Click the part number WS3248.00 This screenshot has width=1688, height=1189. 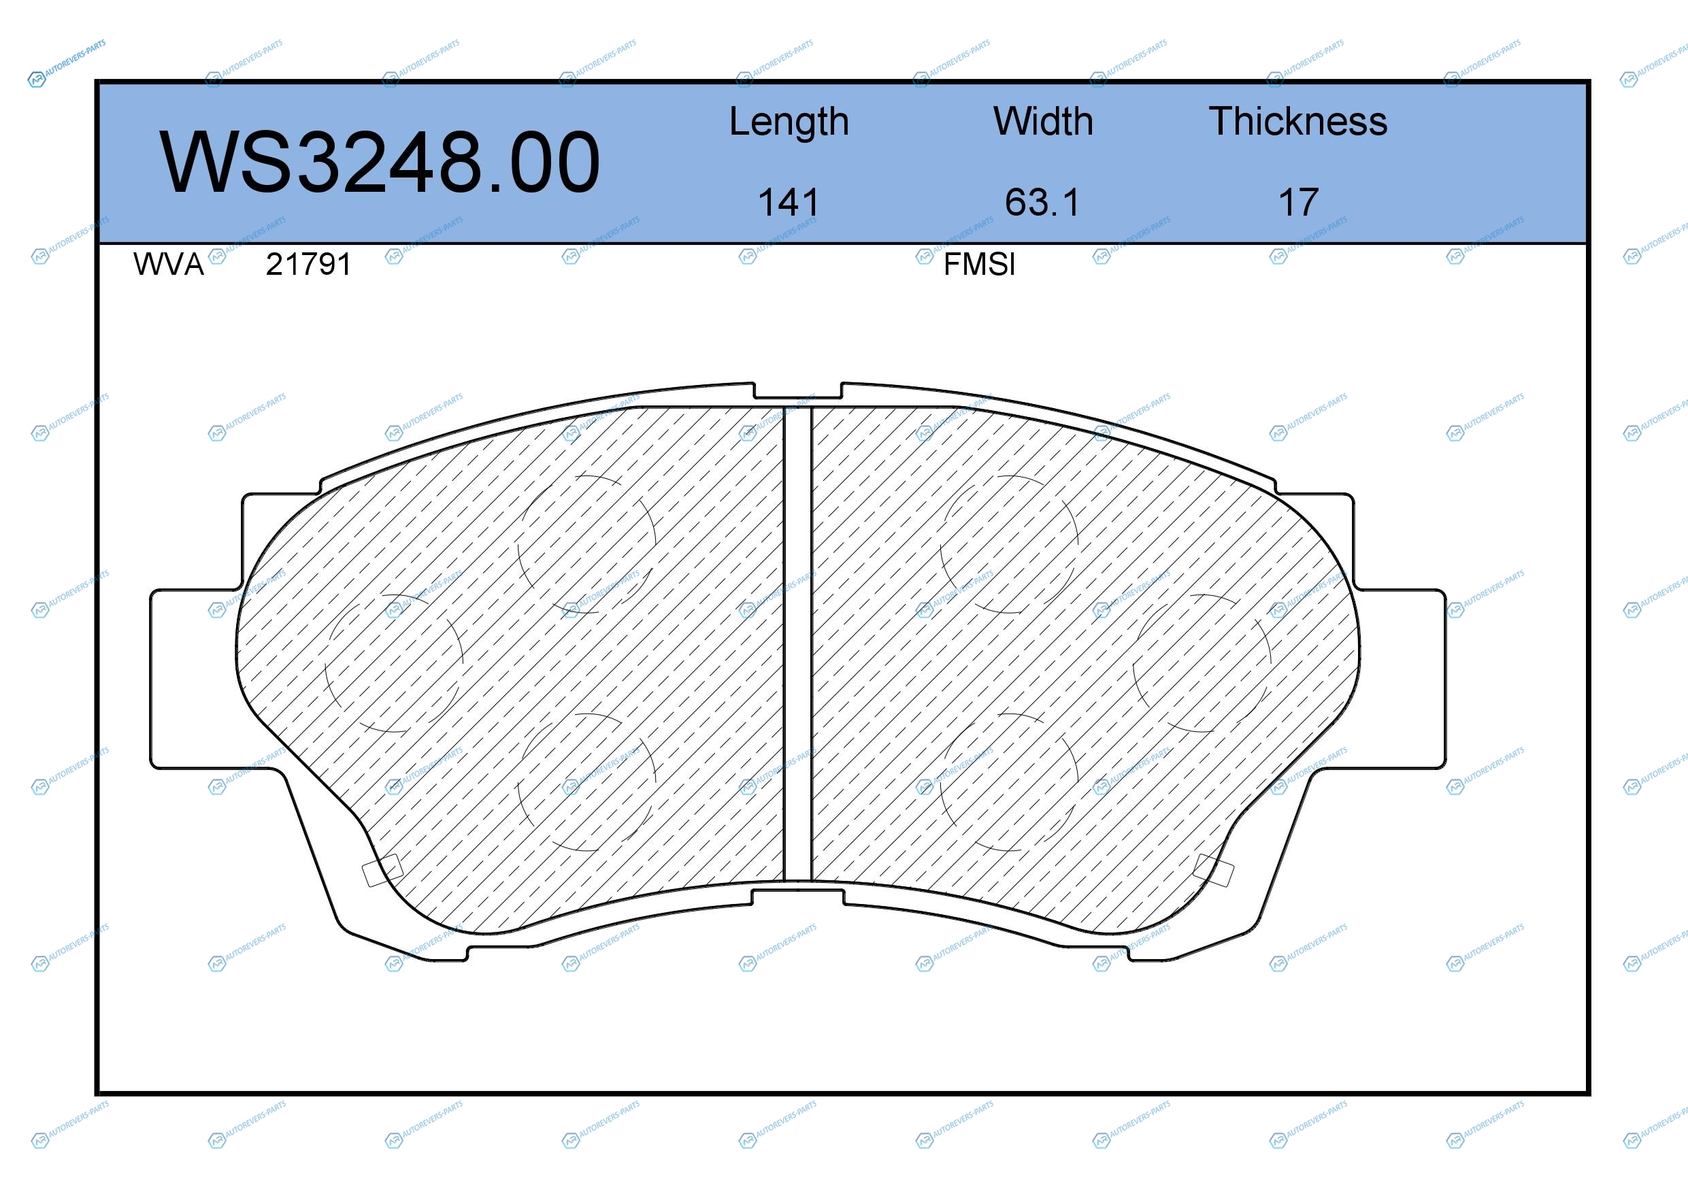pyautogui.click(x=380, y=162)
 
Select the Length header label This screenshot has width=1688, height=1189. pyautogui.click(x=789, y=122)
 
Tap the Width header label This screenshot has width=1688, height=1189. pyautogui.click(x=1043, y=121)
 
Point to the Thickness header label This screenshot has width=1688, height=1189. pyautogui.click(x=1298, y=121)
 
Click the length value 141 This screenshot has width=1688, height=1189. pyautogui.click(x=788, y=202)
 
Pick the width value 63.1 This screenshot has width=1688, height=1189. pyautogui.click(x=1042, y=202)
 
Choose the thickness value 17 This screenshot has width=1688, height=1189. pyautogui.click(x=1298, y=202)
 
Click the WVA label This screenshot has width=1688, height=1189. pyautogui.click(x=168, y=264)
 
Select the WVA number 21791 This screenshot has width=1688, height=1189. pyautogui.click(x=309, y=264)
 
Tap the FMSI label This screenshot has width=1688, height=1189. pyautogui.click(x=979, y=264)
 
